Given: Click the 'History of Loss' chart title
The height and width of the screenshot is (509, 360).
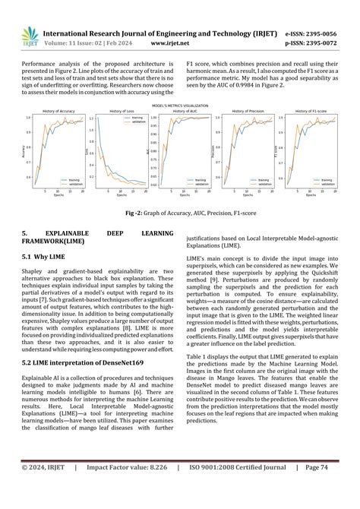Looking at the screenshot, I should [x=116, y=111].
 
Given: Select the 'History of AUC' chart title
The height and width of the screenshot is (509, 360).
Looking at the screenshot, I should [x=183, y=111].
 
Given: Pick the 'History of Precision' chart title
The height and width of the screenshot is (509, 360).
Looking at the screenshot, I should [x=247, y=111].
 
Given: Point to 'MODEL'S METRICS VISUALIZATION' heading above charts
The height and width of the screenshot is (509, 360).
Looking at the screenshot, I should [x=180, y=105].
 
